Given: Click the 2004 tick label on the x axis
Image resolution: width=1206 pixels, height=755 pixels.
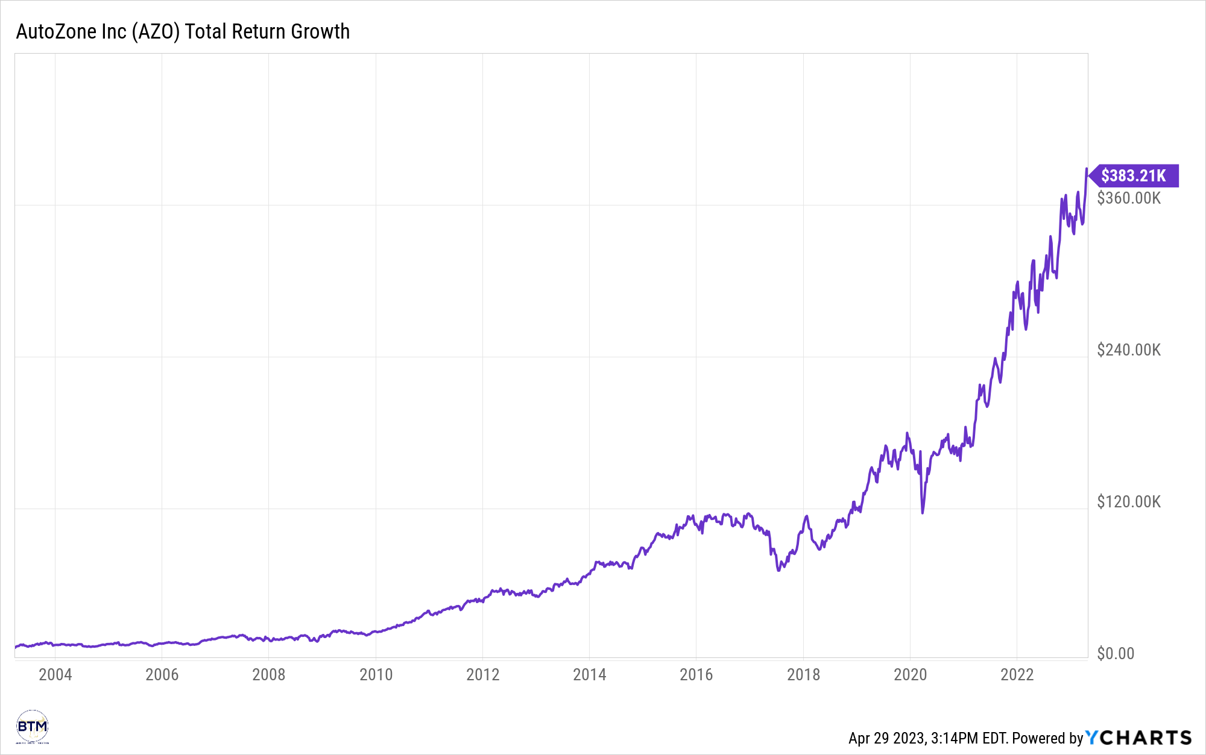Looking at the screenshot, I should (x=55, y=674).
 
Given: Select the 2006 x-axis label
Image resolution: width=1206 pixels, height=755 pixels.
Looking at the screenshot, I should (x=162, y=674).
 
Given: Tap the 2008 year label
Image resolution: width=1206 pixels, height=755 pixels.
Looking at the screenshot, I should (x=268, y=674).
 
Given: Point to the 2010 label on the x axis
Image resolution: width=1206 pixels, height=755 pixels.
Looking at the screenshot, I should (x=376, y=674).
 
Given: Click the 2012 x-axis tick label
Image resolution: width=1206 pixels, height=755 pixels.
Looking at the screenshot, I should (x=482, y=674).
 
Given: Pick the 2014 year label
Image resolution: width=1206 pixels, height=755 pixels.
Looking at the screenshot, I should (x=589, y=674).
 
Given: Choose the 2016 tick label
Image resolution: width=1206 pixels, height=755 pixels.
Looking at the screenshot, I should (x=696, y=674).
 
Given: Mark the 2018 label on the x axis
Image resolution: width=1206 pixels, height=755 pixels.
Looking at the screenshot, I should (x=803, y=674).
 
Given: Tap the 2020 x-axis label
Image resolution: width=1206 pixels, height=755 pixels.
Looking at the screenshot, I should (x=910, y=674).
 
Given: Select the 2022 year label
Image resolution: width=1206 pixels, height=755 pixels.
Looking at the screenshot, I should (x=1017, y=674).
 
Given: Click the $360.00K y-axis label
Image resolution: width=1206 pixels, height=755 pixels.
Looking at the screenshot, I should (x=1128, y=198).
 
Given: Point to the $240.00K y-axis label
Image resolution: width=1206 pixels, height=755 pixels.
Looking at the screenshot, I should (x=1128, y=350).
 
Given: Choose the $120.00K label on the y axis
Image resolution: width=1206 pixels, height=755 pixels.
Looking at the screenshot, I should (x=1128, y=502).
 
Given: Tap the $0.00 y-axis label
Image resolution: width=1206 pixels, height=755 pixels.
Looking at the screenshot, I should (x=1115, y=654).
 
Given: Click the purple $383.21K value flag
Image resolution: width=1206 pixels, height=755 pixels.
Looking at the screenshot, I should (x=1133, y=175).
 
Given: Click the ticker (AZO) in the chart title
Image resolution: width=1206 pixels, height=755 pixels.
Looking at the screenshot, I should (x=156, y=31).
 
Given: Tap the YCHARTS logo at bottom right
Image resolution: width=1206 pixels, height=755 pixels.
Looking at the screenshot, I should (x=1138, y=738).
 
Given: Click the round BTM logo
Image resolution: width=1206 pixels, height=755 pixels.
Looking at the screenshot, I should (x=32, y=727).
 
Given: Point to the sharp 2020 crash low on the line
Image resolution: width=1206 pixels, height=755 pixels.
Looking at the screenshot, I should (x=923, y=512).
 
